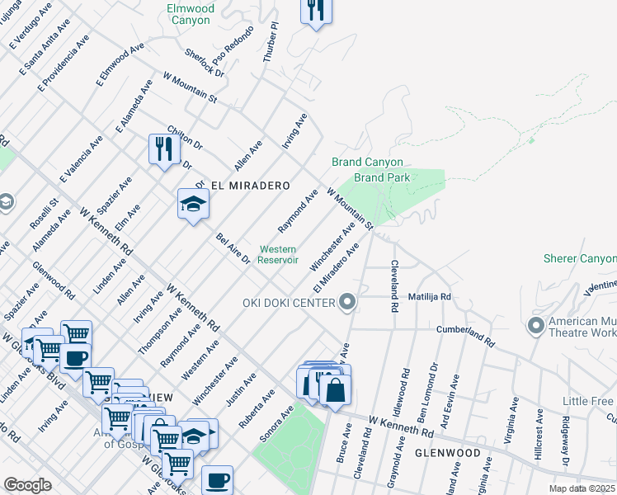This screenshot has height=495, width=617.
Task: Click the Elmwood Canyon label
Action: pos(191,14)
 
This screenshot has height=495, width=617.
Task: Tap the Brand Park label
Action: pos(382,177)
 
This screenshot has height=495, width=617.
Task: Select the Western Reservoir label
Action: pos(278,254)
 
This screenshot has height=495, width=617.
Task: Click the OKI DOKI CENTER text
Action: pos(289,303)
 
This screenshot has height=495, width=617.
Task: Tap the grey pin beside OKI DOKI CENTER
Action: pos(347,303)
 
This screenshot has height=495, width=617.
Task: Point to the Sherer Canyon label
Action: pos(579,258)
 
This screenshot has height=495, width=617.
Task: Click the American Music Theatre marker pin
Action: pos(537,325)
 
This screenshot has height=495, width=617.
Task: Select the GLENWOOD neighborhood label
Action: pos(448,454)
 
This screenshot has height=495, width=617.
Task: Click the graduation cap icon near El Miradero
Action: pos(193,204)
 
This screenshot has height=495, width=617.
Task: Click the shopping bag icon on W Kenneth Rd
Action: pos(335,389)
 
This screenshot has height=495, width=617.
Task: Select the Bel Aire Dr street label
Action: pos(233,248)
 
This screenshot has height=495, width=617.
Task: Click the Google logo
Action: pos(27,484)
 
